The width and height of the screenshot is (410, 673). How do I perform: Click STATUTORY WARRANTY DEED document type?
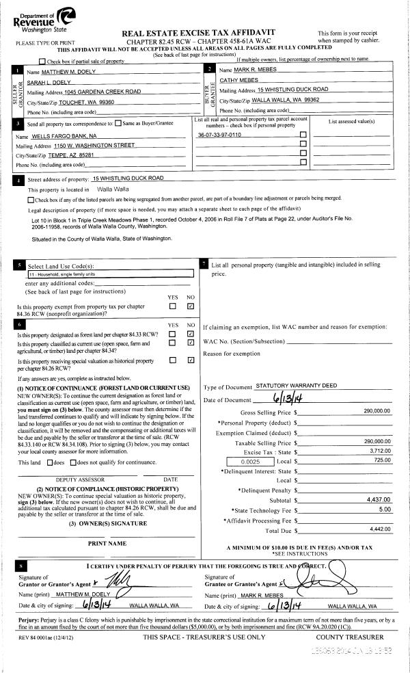(296, 386)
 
